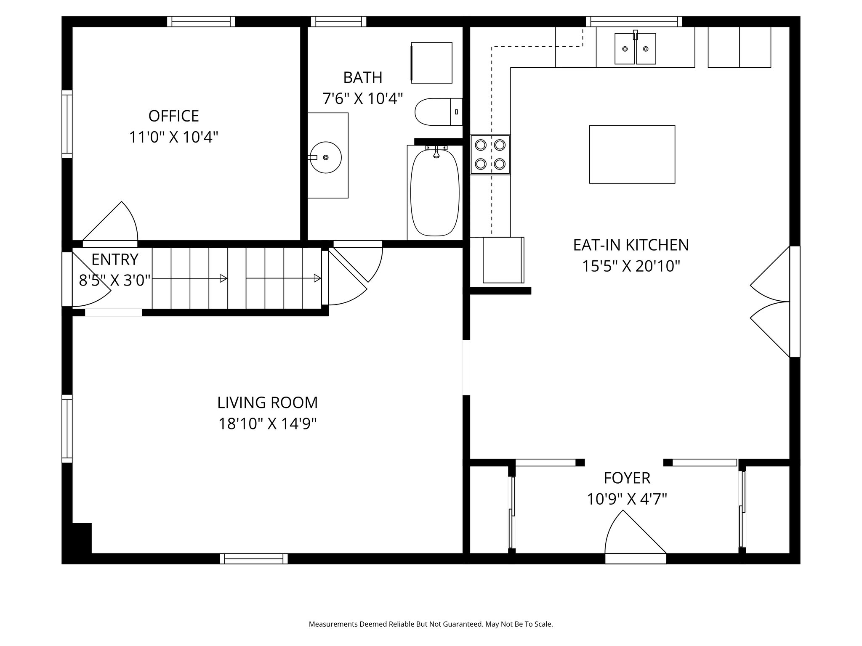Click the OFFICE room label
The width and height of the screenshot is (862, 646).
coord(173,116)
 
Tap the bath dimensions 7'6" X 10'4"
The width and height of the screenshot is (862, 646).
coord(362,99)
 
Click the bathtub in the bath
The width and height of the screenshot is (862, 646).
coord(435,193)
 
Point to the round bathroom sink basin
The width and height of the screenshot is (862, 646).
coord(325,157)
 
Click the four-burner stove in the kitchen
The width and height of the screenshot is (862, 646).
coord(490,154)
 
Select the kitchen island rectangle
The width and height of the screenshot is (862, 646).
coord(632,154)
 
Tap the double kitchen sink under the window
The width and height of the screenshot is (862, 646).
coord(635,49)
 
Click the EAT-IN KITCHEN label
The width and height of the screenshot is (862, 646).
coord(631,245)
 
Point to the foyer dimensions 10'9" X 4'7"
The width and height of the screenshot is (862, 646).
coord(627,500)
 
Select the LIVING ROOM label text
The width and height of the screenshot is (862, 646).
coord(267,403)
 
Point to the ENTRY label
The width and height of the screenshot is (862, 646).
coord(114,260)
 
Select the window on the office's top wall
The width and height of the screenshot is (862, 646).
coord(201,21)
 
